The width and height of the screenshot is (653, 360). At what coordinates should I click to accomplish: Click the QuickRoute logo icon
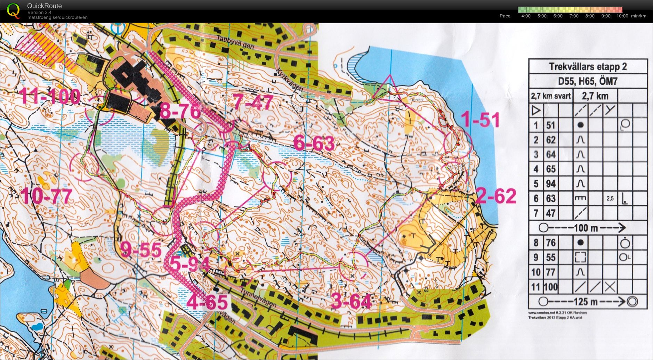pos(13,10)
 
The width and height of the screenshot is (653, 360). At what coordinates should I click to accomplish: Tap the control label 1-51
pos(480,120)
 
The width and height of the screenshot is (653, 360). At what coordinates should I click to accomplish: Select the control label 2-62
pos(496,196)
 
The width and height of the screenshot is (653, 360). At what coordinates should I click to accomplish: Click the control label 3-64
pos(351,301)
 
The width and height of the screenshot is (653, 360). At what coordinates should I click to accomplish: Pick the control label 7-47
pos(253,103)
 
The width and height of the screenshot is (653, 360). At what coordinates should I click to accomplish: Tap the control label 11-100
pos(50,97)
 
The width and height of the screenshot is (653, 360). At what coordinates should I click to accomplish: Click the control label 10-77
pos(47,197)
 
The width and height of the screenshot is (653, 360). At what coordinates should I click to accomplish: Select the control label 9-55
pos(141,250)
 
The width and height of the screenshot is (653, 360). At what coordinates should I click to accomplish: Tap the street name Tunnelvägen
pos(259,299)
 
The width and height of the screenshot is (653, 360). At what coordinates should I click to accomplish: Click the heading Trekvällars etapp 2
pos(588,66)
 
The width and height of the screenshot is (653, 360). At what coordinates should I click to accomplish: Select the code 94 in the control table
pos(550,183)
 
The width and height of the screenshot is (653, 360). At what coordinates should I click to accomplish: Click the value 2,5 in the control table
pos(610,198)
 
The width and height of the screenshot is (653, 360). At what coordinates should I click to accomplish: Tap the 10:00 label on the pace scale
pos(622,16)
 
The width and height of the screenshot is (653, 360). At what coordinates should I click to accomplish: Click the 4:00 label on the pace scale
pos(526,16)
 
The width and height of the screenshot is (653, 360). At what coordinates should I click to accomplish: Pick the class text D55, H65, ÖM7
pos(588,81)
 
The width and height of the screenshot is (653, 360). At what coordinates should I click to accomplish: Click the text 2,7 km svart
pos(551,96)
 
